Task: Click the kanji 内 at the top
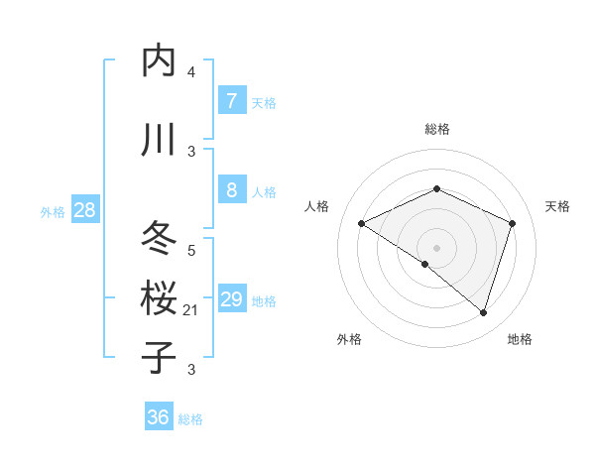click(159, 61)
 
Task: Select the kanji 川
click(159, 140)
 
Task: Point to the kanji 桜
click(159, 298)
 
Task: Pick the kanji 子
click(159, 357)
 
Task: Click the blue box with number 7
click(231, 101)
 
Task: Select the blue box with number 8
click(231, 190)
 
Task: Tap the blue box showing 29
click(231, 299)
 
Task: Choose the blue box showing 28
click(84, 209)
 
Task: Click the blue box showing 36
click(159, 417)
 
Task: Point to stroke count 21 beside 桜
click(191, 310)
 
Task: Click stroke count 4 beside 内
click(191, 72)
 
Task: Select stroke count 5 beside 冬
click(191, 251)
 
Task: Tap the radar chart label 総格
click(437, 129)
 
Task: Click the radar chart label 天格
click(558, 206)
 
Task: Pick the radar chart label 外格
click(349, 339)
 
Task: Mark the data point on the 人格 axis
click(362, 223)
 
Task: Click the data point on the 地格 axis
click(483, 312)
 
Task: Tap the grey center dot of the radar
click(436, 247)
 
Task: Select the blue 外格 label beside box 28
click(53, 211)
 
